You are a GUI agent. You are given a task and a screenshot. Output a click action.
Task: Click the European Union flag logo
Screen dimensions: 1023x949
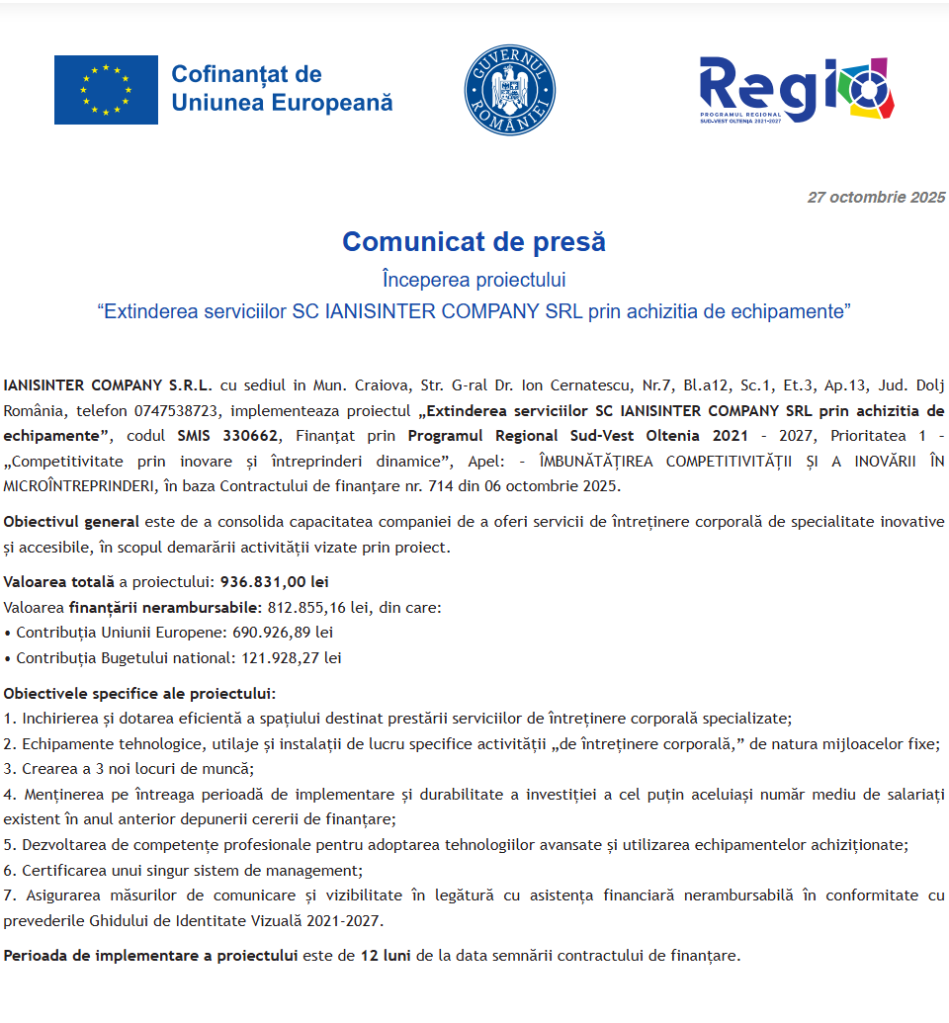click(106, 90)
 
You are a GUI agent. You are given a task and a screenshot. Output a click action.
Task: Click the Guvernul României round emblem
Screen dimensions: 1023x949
click(509, 90)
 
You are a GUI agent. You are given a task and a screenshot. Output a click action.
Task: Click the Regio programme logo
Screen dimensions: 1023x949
click(796, 90)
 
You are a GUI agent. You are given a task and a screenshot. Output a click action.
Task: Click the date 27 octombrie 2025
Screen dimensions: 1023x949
click(876, 198)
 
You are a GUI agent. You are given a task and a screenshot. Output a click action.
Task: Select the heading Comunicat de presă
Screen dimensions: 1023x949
click(474, 241)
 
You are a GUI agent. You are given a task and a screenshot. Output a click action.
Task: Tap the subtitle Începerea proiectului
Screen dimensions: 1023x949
click(474, 280)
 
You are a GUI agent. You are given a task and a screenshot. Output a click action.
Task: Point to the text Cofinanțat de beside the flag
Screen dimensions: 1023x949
click(246, 74)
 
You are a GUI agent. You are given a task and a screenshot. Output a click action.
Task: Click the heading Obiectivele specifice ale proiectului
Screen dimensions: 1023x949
click(139, 693)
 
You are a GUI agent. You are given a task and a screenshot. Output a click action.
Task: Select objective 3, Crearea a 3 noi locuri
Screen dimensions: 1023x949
click(129, 768)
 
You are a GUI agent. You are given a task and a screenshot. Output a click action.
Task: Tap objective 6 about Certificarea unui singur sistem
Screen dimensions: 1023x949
click(183, 871)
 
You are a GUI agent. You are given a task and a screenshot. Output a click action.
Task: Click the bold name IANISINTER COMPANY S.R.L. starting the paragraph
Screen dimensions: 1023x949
click(107, 384)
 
